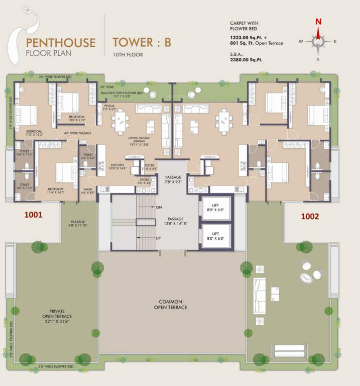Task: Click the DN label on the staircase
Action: [159, 207]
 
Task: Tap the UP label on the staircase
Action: [159, 238]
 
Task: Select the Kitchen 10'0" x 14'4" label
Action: [117, 166]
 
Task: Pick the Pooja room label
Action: [109, 107]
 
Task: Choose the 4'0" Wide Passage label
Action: [77, 134]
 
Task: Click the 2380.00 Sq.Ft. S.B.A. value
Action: [246, 60]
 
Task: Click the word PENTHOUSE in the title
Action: [60, 42]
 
